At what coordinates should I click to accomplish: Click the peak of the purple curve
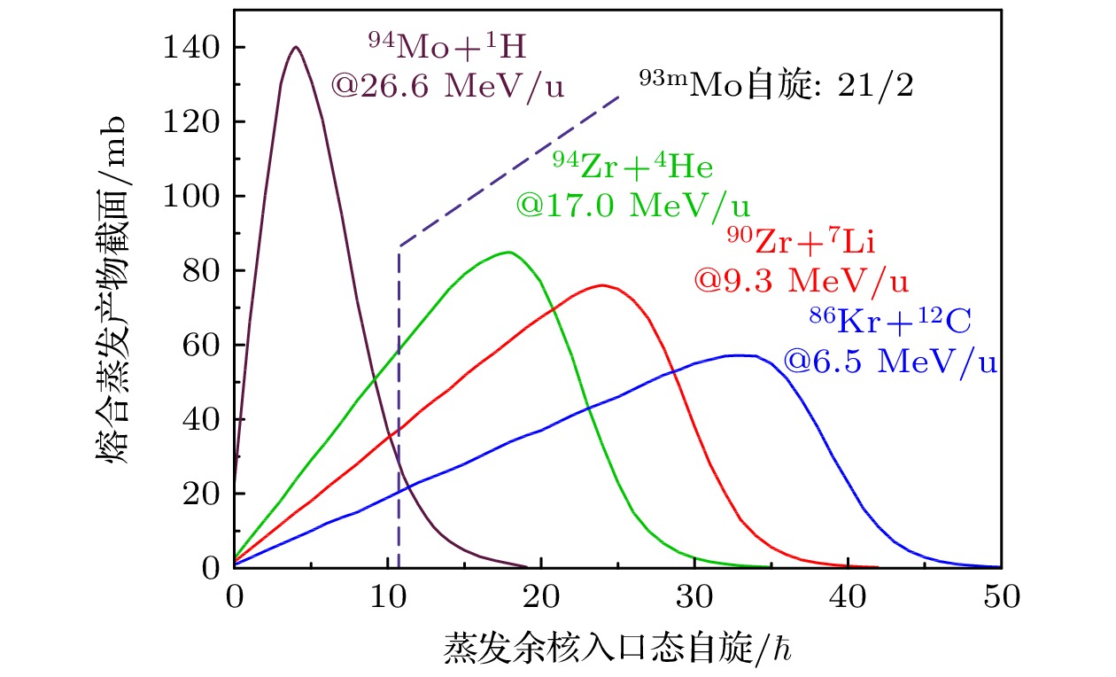tap(296, 47)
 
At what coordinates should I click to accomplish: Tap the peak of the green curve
tap(508, 253)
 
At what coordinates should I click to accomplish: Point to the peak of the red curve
tap(602, 285)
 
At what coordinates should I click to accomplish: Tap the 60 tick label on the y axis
tap(201, 345)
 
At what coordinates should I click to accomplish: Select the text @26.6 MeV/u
tap(448, 86)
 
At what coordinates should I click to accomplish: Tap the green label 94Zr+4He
tap(632, 166)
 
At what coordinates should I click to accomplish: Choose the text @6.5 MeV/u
tap(889, 362)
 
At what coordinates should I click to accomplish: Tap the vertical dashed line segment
tap(399, 408)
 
